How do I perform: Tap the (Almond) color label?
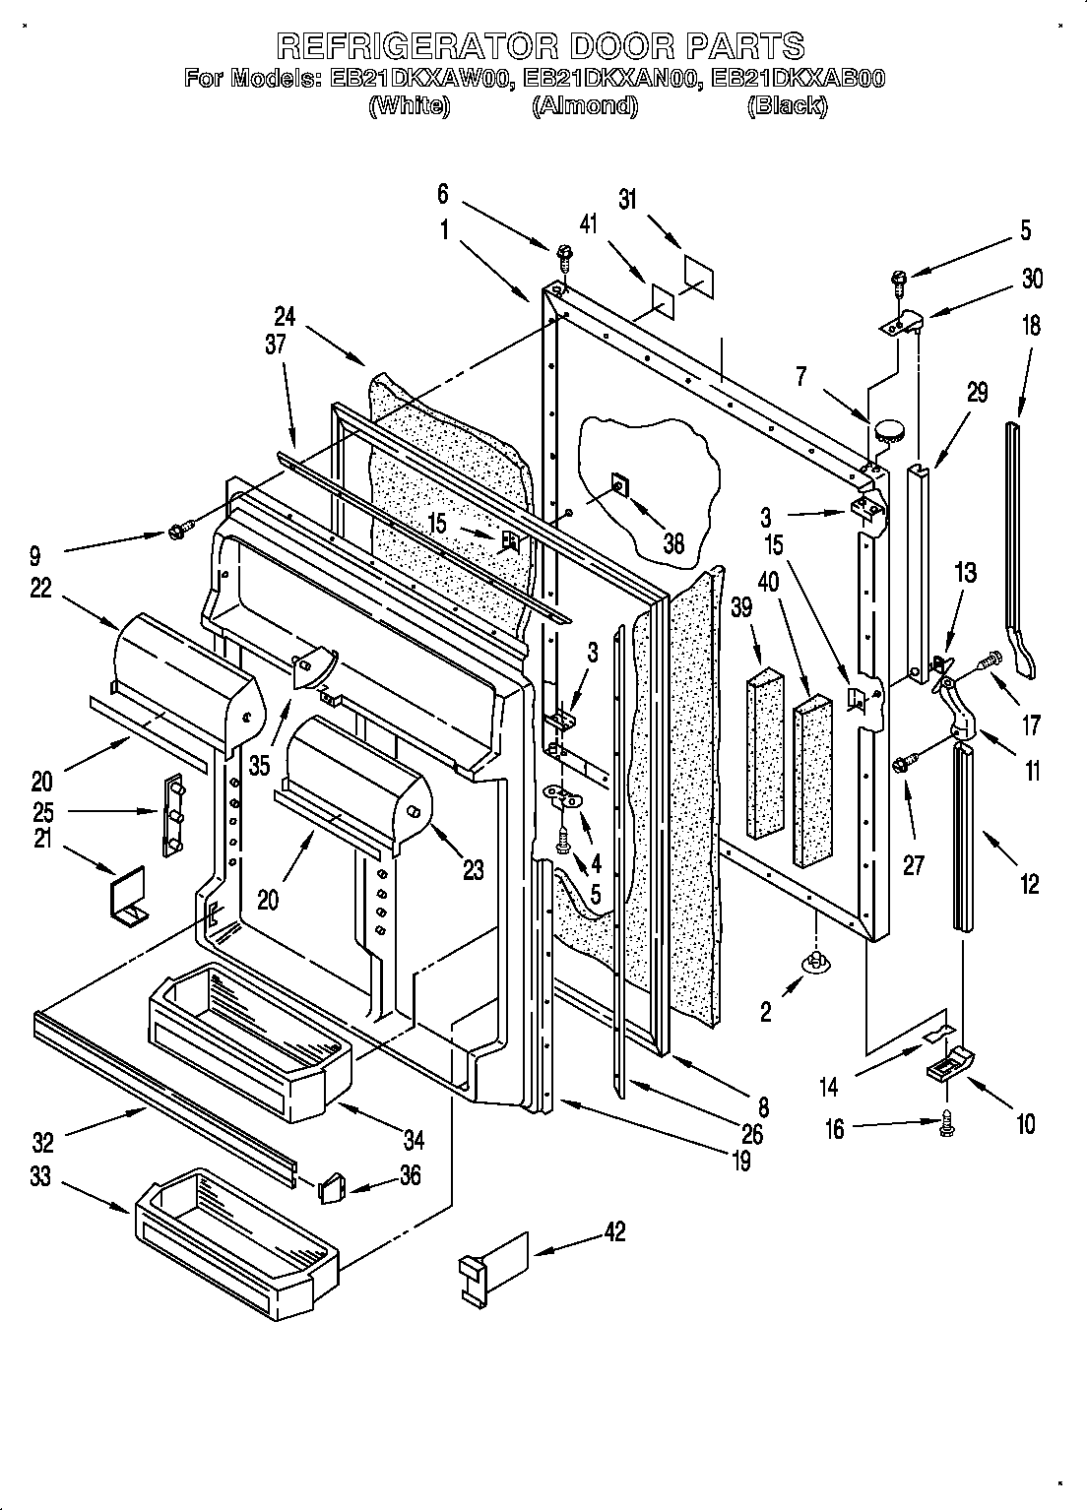(585, 105)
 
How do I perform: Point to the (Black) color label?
(786, 105)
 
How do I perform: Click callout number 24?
(285, 317)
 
